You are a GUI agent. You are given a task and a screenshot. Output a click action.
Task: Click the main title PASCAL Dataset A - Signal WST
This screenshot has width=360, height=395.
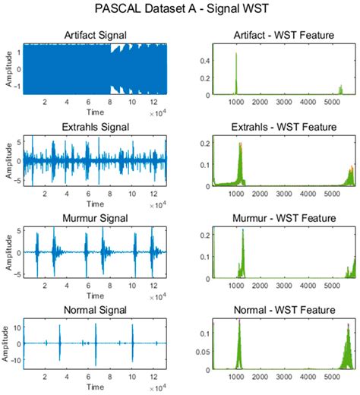coord(180,11)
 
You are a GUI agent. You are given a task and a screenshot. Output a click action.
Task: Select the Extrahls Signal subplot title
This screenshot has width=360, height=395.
coord(95,126)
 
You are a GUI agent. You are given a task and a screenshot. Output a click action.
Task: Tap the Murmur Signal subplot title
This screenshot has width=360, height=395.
coord(95,218)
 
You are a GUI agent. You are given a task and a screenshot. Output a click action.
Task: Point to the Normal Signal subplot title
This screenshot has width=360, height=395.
coord(95,310)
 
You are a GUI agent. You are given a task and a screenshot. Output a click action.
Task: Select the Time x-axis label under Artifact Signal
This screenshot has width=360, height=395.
coord(95,112)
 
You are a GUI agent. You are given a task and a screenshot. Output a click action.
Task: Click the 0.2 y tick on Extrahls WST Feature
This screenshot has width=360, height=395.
coord(202,142)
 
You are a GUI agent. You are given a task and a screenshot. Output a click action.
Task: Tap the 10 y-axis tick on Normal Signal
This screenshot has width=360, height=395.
coord(17,328)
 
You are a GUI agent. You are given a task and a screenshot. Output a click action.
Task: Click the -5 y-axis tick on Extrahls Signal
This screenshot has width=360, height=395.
coord(17,181)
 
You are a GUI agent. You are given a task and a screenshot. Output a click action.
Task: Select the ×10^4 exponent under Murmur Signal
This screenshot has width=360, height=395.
coord(159,298)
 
